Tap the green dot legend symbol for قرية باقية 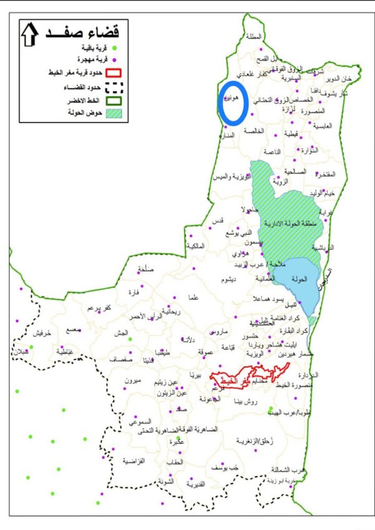114,47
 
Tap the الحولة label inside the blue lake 293,279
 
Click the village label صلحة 144,270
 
